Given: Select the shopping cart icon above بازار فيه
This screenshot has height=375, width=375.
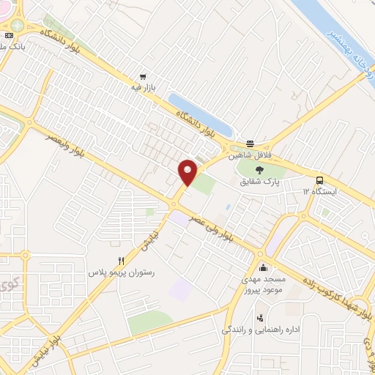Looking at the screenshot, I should [x=144, y=75].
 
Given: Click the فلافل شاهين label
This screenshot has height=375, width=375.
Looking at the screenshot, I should [x=248, y=155].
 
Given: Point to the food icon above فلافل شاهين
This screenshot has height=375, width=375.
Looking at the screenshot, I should [x=250, y=144].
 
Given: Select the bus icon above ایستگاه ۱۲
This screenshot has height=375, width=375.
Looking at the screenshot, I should [x=319, y=180].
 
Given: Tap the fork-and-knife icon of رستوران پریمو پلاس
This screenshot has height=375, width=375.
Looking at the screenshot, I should [x=122, y=261].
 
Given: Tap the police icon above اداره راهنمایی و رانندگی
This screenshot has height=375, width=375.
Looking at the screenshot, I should [x=259, y=318].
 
